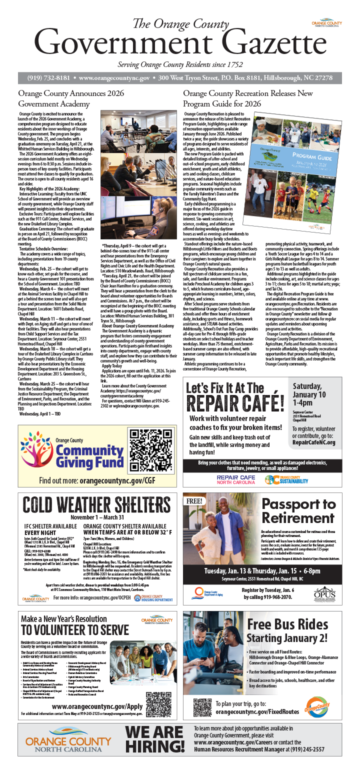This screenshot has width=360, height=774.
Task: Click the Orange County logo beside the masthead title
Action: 326,23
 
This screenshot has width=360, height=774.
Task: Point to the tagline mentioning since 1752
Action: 179,64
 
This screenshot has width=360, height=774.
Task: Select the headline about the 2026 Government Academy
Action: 70,98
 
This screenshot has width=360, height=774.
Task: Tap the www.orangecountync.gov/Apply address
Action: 96,707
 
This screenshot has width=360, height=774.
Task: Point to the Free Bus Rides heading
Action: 287,633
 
